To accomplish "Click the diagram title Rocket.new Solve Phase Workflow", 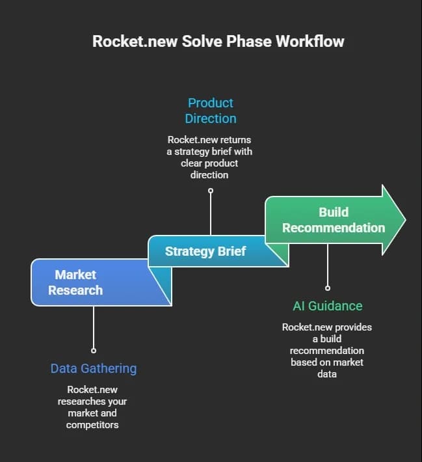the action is [x=218, y=41].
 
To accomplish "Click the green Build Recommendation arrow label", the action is [x=334, y=220].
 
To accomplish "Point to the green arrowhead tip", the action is [x=406, y=219].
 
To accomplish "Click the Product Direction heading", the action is [x=211, y=111].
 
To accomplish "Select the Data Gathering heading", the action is [x=94, y=368].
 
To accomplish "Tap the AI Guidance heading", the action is [x=328, y=306].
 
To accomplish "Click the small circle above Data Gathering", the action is [x=94, y=351].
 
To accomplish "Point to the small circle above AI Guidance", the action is [x=328, y=288].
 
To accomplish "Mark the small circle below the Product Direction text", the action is [x=211, y=191].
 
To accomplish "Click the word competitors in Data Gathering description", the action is [x=92, y=425].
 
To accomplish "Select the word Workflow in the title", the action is [x=310, y=41].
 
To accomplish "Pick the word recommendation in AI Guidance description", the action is [x=327, y=351].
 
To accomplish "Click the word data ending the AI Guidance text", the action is [x=327, y=374].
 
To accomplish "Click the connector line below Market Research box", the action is [x=94, y=327].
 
